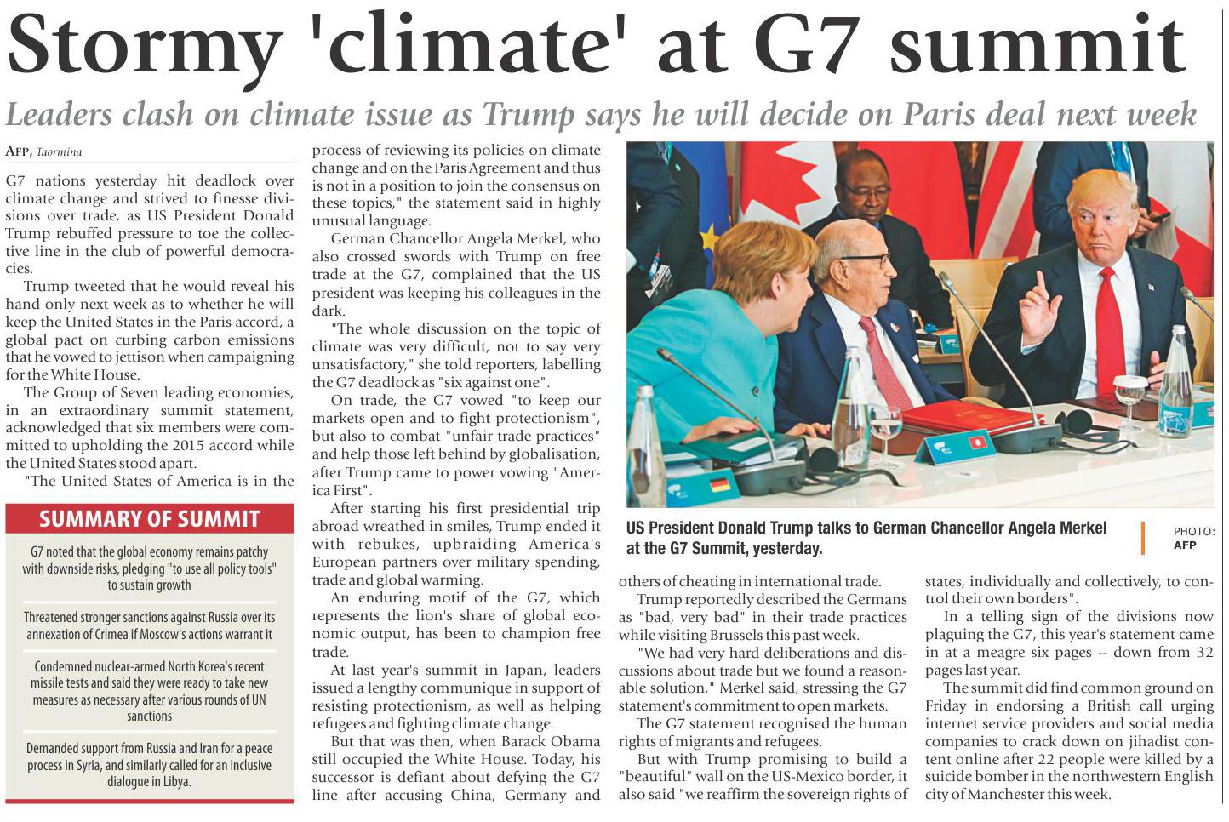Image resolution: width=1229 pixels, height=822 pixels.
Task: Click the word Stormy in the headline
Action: coord(145,48)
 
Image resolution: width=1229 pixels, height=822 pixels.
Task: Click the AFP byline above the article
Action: coord(18,151)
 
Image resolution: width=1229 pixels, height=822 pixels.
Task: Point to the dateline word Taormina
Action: coord(59,152)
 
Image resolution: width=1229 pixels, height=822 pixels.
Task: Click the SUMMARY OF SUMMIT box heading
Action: coord(150,518)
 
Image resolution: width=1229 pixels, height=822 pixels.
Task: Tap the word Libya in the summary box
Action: coord(174,781)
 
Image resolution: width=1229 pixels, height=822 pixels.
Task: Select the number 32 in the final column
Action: coord(1204,653)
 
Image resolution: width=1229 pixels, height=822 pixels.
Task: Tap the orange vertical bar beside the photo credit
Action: coord(1143,538)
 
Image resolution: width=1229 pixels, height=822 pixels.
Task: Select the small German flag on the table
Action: coord(720,485)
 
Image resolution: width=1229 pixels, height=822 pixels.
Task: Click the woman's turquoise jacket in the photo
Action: coord(698,357)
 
